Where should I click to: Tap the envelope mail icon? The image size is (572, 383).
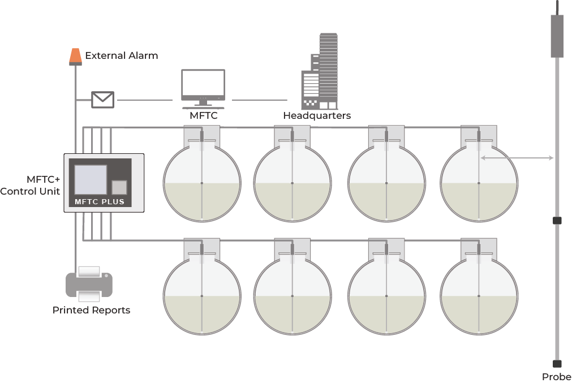[x=102, y=100]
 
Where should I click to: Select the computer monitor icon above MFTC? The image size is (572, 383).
[x=203, y=88]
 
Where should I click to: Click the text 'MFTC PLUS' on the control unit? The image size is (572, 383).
[x=100, y=201]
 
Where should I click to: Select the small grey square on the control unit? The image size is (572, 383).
[x=119, y=187]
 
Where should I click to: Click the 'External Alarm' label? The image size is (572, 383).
[x=121, y=55]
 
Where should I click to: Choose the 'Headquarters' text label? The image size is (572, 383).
[x=317, y=116]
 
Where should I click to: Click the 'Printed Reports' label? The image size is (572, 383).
[x=91, y=310]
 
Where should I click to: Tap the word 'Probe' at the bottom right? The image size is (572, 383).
[x=557, y=377]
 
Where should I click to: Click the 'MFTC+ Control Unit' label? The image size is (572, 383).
[x=30, y=185]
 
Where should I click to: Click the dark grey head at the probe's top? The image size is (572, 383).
[x=557, y=36]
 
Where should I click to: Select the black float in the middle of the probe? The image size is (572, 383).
[x=557, y=221]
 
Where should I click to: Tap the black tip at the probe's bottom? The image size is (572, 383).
[x=557, y=364]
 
